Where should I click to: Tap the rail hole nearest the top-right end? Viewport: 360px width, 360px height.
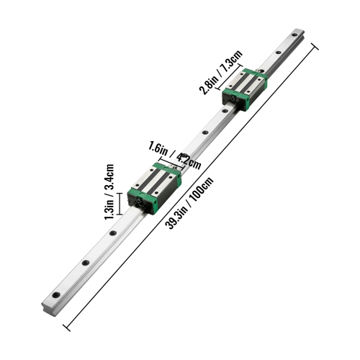pos(295,35)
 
